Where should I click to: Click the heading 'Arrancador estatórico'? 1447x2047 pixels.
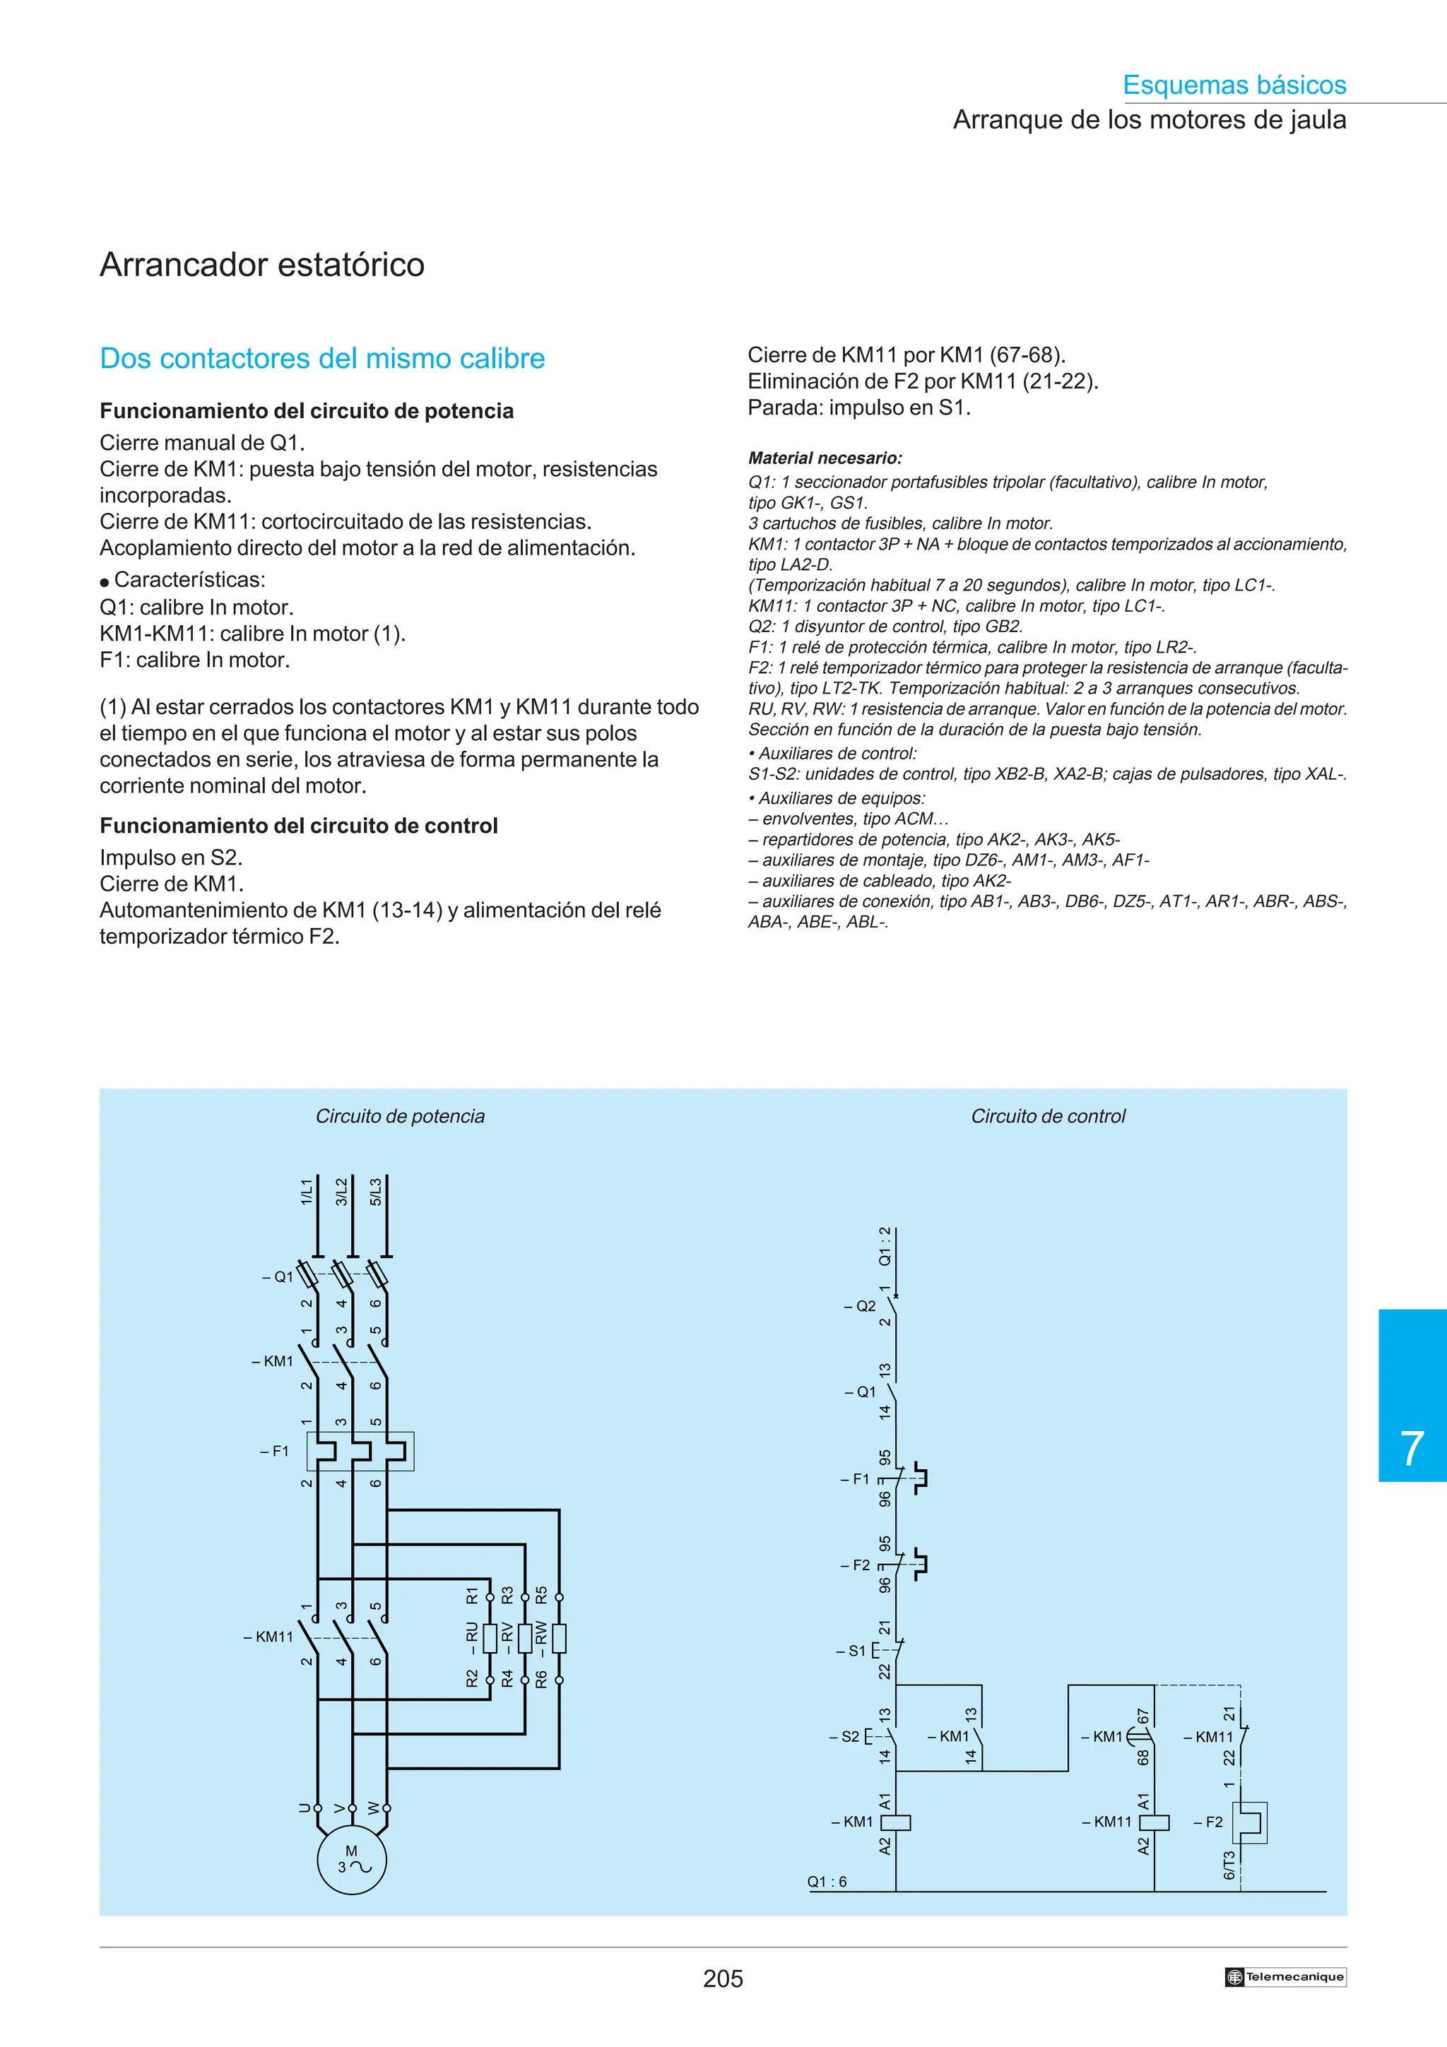[262, 265]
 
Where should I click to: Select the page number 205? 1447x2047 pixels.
[722, 1978]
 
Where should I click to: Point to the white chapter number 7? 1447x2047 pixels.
[1412, 1449]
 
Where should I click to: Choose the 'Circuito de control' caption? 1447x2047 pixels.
[1048, 1116]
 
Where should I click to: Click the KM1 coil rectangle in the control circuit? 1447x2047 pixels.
[895, 1822]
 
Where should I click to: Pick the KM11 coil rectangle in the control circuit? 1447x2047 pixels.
[1154, 1822]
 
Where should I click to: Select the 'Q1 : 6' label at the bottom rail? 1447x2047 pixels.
[827, 1881]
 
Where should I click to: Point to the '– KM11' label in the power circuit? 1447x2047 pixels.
[268, 1637]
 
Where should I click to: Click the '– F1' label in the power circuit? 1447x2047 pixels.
[275, 1451]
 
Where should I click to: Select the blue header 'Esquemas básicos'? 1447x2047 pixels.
[1234, 85]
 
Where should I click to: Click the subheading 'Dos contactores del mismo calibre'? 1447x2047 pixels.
[322, 358]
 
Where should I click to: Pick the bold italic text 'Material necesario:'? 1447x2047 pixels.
[825, 458]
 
